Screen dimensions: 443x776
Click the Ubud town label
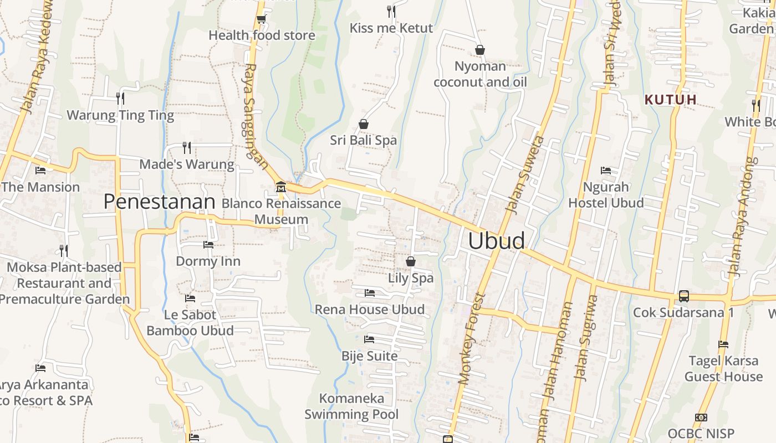coord(496,241)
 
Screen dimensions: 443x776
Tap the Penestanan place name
coord(159,202)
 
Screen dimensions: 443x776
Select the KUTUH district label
coord(670,100)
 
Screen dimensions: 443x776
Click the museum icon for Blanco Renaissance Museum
coord(280,187)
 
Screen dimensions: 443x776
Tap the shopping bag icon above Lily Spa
coord(411,261)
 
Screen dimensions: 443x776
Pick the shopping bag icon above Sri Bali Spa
coord(364,124)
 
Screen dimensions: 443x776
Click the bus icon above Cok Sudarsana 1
coord(683,296)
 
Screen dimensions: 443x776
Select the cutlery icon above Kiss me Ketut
coord(391,11)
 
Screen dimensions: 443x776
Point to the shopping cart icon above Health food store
coord(261,19)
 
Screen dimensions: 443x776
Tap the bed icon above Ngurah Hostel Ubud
coord(606,171)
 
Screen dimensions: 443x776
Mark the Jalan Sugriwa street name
coord(586,338)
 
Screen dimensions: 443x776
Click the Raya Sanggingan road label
coord(256,116)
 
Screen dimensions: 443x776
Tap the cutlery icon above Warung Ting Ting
coord(120,99)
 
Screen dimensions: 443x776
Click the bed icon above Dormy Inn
coord(208,244)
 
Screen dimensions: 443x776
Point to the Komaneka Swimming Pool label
coord(351,406)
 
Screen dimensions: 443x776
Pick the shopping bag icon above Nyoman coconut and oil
coord(480,50)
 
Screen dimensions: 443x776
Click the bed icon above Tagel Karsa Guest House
coord(723,344)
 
